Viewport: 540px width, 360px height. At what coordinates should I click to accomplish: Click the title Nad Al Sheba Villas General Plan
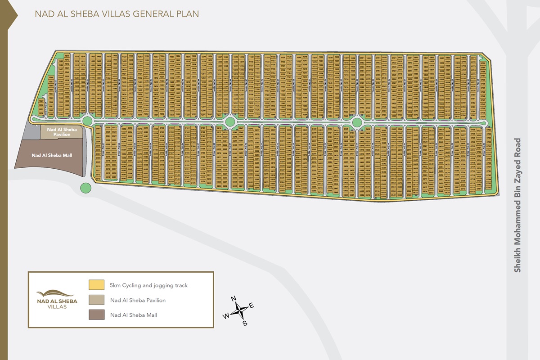tap(117, 14)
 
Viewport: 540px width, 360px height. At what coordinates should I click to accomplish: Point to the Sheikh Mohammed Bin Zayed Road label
tap(517, 205)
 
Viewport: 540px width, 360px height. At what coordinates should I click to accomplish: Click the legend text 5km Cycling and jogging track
tap(148, 285)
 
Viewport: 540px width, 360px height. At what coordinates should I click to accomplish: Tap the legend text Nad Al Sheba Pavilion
tap(138, 300)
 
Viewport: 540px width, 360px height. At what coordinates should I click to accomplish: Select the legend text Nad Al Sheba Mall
tap(133, 315)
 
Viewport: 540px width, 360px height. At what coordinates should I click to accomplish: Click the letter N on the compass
tap(234, 299)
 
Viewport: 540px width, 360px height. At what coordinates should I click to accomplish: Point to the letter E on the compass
tap(252, 306)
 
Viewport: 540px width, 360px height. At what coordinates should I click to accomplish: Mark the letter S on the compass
tap(245, 323)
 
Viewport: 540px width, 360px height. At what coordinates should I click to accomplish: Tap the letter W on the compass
tap(225, 316)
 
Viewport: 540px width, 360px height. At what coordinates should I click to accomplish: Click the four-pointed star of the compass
tap(241, 310)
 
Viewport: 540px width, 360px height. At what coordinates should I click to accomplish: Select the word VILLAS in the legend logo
tap(57, 307)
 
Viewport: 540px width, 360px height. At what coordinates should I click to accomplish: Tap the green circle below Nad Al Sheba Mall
tap(85, 188)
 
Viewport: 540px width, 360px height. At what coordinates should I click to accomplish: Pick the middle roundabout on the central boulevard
tap(230, 121)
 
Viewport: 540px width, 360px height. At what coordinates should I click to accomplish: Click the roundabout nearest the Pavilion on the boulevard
tap(87, 121)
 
